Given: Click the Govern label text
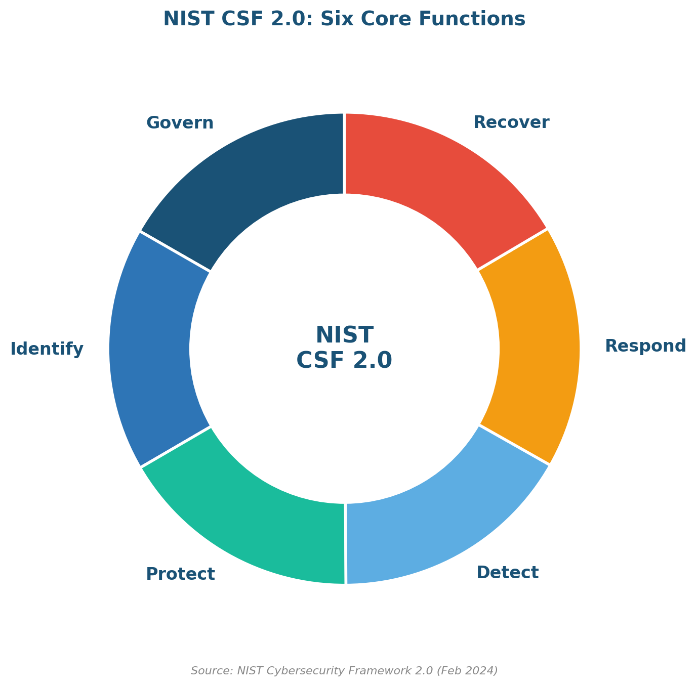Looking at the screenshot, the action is coord(180,123).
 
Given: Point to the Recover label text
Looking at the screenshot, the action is coord(511,122).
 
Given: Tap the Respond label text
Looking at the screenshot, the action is coord(645,347).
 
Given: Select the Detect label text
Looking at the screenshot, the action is coord(507,573).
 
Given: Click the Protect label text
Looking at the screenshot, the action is coord(180,574).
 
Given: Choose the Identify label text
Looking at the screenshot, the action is coord(47,350).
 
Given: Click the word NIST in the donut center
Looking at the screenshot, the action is coord(344,335).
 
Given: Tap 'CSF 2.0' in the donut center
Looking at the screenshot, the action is coord(344,360).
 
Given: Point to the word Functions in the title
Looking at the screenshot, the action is coord(472,19).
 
